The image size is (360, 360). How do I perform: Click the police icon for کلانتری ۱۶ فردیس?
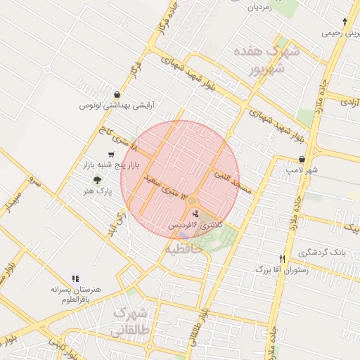(195, 213)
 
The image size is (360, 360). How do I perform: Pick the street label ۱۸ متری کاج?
(117, 138)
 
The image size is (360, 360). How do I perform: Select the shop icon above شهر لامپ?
(302, 159)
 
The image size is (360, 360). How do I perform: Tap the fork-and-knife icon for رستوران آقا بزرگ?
(283, 259)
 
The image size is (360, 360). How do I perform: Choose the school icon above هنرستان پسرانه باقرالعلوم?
(75, 279)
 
